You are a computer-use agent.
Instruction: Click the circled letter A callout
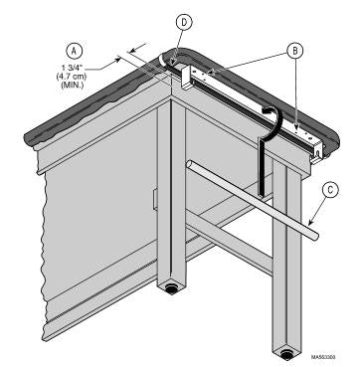pyautogui.click(x=75, y=51)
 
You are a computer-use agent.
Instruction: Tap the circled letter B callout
pyautogui.click(x=295, y=51)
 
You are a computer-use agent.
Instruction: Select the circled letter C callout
pyautogui.click(x=330, y=190)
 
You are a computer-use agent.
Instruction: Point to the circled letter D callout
pyautogui.click(x=184, y=22)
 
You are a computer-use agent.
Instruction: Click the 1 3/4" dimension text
pyautogui.click(x=74, y=70)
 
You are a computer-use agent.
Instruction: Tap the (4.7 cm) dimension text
pyautogui.click(x=74, y=78)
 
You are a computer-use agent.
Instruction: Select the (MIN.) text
pyautogui.click(x=74, y=85)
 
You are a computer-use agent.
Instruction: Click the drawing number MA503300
pyautogui.click(x=323, y=357)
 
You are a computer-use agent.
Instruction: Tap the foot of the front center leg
pyautogui.click(x=171, y=289)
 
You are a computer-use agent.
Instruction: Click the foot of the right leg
pyautogui.click(x=286, y=355)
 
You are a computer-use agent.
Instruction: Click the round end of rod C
pyautogui.click(x=315, y=236)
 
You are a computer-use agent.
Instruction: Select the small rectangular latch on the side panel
pyautogui.click(x=155, y=200)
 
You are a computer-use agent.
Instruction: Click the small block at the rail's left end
pyautogui.click(x=187, y=77)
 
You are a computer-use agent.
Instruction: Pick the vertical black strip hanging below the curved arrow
pyautogui.click(x=262, y=167)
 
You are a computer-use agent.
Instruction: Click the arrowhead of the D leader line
pyautogui.click(x=172, y=61)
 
